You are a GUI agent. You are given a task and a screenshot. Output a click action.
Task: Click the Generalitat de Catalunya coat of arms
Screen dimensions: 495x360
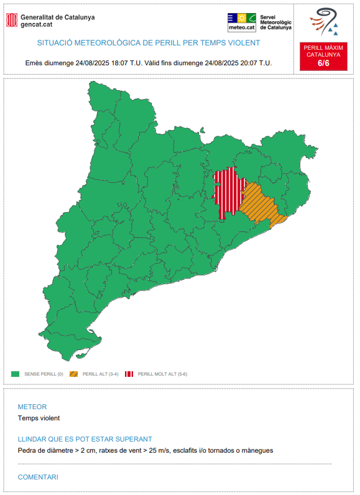click(12, 21)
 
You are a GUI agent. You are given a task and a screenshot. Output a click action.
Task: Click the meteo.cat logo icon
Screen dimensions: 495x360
click(242, 22)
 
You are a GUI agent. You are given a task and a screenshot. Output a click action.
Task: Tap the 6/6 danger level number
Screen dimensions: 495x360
click(323, 63)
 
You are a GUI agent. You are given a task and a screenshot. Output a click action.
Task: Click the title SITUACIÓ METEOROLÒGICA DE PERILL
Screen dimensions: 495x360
click(149, 43)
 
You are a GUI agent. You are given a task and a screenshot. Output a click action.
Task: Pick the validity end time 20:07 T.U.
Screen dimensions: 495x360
click(256, 63)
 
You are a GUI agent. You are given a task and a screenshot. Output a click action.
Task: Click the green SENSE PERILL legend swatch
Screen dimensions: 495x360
click(16, 374)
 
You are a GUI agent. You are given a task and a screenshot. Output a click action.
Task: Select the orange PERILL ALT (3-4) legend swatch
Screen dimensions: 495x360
click(73, 374)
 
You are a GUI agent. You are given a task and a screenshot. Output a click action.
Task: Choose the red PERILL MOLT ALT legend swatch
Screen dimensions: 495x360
click(129, 374)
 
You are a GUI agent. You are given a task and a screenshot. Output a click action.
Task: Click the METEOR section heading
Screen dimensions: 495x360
click(32, 407)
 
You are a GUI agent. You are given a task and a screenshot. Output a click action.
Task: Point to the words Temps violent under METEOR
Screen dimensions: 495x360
click(39, 419)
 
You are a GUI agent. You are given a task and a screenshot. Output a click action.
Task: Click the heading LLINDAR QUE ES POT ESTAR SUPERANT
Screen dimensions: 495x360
click(85, 439)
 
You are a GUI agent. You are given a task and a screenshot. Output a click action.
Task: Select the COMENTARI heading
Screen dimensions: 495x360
click(38, 477)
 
